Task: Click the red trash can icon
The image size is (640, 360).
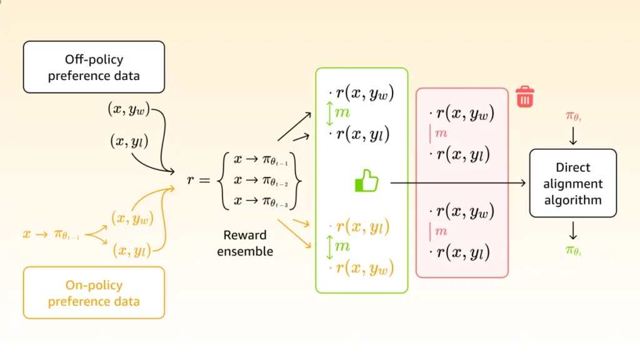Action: click(x=525, y=97)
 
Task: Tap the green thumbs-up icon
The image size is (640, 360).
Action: click(x=367, y=182)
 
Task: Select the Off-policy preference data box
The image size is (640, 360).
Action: click(x=94, y=67)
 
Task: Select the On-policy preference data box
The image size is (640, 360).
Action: click(x=94, y=293)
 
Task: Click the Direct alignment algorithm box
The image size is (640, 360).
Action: click(x=572, y=184)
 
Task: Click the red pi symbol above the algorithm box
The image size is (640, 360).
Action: click(x=573, y=116)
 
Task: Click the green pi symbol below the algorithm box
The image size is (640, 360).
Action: click(x=573, y=251)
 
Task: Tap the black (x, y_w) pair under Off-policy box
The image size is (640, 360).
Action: click(x=129, y=109)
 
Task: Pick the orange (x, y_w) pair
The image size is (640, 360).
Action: click(x=132, y=218)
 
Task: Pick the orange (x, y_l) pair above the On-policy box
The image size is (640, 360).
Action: click(x=131, y=251)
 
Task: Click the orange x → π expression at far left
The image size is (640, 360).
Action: click(x=51, y=234)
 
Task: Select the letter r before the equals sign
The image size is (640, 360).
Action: click(x=191, y=180)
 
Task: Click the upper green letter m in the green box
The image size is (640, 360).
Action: click(x=342, y=113)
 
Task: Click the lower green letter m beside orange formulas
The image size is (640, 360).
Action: click(x=342, y=246)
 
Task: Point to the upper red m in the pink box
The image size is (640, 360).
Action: click(x=441, y=133)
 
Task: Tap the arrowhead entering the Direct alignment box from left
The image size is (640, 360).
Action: click(x=524, y=183)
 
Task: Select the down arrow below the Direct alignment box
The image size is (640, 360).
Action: click(x=573, y=232)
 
